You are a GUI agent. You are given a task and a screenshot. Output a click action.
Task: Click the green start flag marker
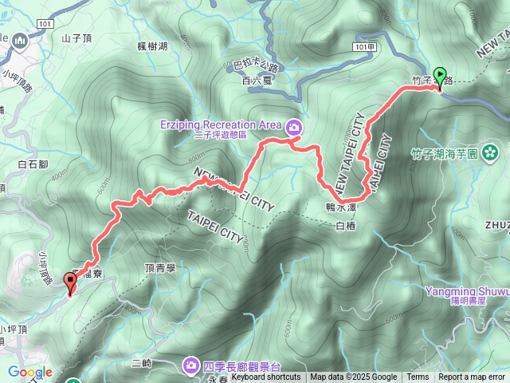440,77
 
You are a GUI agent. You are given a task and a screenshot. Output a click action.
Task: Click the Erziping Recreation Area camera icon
294,126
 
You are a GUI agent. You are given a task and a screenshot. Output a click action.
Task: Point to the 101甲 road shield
363,49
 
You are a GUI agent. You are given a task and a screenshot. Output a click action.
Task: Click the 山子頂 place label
77,38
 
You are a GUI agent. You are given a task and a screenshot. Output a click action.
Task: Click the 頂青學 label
160,270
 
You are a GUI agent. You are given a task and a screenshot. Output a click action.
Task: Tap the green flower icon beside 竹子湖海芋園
490,152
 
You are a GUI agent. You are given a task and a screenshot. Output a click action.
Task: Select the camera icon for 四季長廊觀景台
191,365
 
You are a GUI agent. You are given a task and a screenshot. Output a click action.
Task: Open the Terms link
418,377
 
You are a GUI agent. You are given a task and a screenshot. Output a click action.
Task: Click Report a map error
472,377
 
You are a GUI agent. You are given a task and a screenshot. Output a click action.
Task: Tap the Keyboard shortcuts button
266,377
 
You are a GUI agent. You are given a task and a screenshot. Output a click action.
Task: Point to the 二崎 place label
142,363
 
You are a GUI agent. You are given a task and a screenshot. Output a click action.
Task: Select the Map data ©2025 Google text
353,377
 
